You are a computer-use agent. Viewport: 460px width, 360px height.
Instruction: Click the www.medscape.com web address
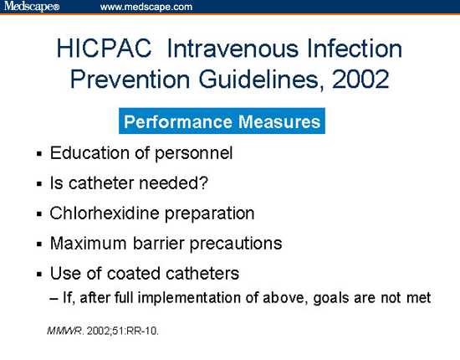(146, 7)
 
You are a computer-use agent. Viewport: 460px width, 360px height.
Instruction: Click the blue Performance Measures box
(222, 122)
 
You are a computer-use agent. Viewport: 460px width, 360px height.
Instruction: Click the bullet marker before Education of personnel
(38, 155)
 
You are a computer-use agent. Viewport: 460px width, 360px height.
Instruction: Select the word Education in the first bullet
(87, 154)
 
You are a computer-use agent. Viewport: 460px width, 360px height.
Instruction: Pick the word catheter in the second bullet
(105, 183)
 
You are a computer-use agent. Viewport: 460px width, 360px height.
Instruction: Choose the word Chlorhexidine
(109, 213)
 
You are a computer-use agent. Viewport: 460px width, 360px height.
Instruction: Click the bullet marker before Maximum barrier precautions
(38, 244)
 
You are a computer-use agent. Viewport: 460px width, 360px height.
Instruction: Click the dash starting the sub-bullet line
(55, 296)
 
